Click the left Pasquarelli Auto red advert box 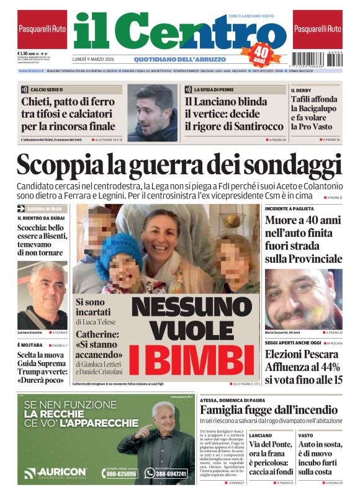point(42,29)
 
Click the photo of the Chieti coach point(152,113)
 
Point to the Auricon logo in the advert point(55,473)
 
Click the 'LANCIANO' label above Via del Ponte point(260,435)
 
